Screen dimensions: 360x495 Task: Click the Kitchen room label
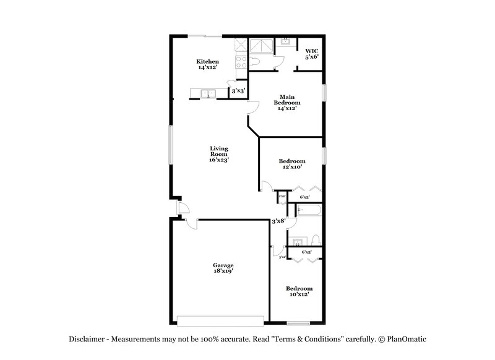(x=207, y=64)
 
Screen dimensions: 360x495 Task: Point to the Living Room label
(x=219, y=154)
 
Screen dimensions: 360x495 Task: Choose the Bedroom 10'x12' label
(x=298, y=291)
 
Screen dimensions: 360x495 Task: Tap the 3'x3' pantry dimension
(x=238, y=91)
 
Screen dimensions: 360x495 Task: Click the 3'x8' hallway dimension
(x=278, y=221)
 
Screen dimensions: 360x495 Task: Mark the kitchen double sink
(x=207, y=93)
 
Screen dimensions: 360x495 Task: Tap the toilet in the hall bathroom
(x=315, y=240)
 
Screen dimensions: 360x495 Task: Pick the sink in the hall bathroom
(x=296, y=241)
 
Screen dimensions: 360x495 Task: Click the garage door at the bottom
(x=221, y=320)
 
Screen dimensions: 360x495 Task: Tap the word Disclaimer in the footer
(x=87, y=339)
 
